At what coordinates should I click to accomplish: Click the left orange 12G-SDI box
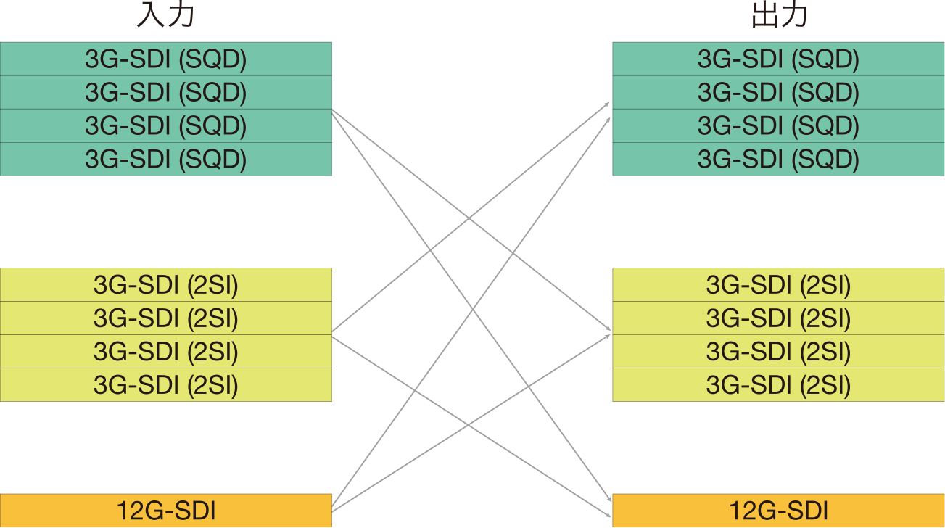click(x=165, y=511)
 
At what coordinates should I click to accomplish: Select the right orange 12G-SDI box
click(x=778, y=511)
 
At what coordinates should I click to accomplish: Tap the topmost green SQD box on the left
click(x=165, y=59)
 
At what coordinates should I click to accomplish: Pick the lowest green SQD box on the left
click(x=165, y=159)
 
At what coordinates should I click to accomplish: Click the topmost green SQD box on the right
click(x=778, y=59)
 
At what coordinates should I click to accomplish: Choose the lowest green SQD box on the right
click(x=778, y=159)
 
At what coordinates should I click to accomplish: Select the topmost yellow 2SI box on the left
click(x=165, y=285)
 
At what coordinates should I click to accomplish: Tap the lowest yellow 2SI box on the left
click(x=165, y=385)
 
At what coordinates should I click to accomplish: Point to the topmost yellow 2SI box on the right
click(x=778, y=285)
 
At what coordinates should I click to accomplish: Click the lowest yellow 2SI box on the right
click(x=778, y=385)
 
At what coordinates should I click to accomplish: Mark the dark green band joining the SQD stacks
click(x=471, y=75)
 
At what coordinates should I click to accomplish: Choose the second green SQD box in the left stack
click(x=165, y=93)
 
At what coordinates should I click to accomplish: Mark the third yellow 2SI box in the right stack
click(x=778, y=352)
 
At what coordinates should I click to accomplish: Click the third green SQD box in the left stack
click(x=165, y=126)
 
